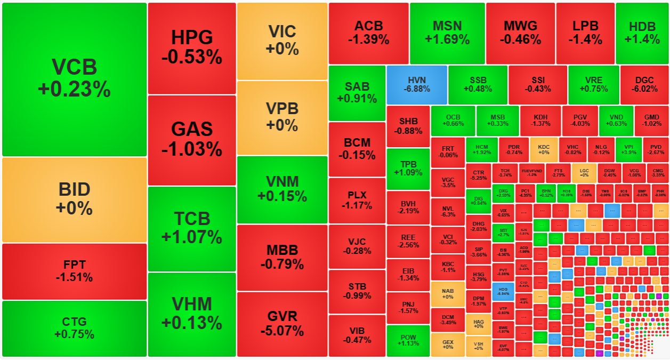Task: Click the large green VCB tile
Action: (74, 79)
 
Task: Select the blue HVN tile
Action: (416, 84)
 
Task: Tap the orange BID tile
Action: (74, 199)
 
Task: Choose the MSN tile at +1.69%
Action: (447, 33)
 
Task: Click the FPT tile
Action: (74, 271)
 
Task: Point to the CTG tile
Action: (74, 328)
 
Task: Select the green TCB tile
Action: (191, 228)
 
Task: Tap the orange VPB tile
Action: (282, 117)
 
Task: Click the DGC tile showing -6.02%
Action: (644, 84)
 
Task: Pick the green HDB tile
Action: (642, 33)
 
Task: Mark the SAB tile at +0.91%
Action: (357, 92)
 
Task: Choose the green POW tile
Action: (408, 340)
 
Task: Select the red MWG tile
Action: (520, 33)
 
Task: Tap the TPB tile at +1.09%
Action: (408, 169)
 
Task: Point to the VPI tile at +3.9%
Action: (628, 149)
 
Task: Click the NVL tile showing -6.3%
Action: (447, 211)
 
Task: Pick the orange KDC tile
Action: (544, 149)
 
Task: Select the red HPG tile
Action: (191, 48)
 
